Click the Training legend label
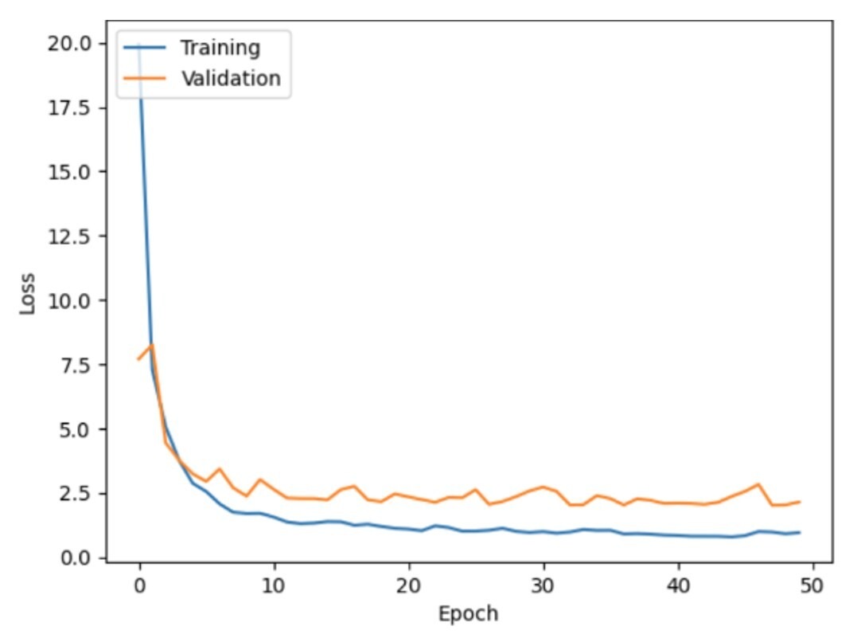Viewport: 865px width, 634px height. (x=220, y=48)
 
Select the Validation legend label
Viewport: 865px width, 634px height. (x=230, y=78)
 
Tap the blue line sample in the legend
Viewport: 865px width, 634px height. (x=145, y=48)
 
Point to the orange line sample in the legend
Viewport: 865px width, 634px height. (x=145, y=78)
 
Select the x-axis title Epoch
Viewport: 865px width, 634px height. (x=469, y=613)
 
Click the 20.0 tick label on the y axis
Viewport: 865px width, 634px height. (x=68, y=43)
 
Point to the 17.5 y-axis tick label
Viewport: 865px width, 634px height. (x=68, y=108)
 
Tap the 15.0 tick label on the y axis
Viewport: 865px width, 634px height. (x=68, y=172)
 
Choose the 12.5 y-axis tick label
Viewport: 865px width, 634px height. (x=68, y=237)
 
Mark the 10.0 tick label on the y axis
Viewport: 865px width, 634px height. (x=68, y=301)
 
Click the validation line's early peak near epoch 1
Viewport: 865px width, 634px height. (x=152, y=345)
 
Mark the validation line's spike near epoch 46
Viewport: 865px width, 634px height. (x=758, y=484)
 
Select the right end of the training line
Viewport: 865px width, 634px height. (x=799, y=532)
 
